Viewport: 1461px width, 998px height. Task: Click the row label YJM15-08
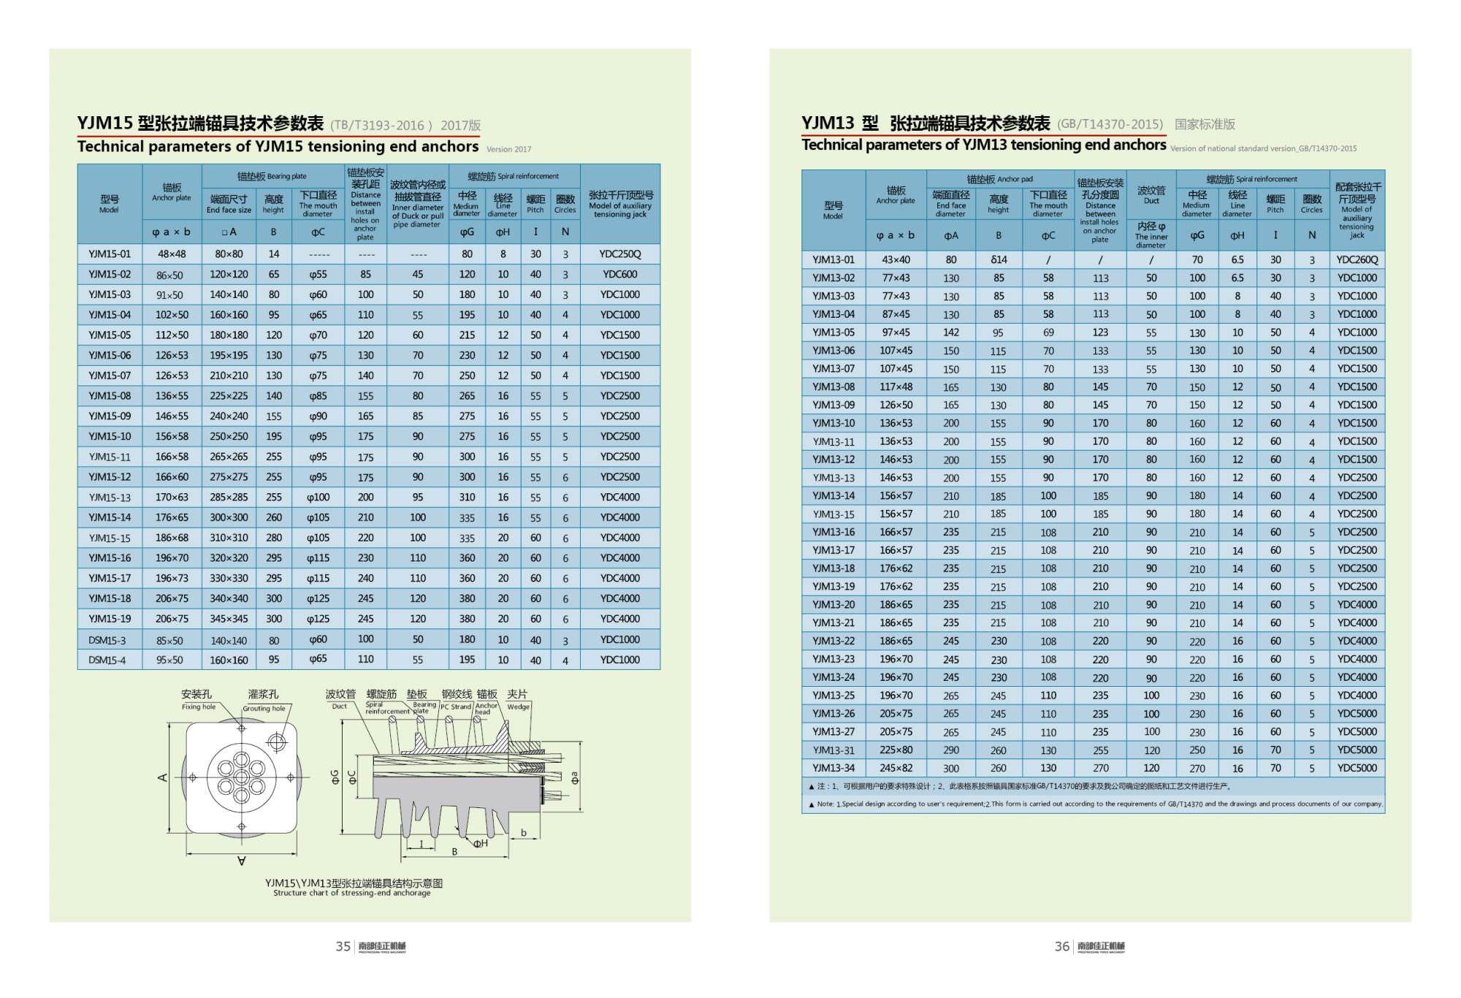tap(110, 396)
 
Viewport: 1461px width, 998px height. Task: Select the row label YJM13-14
tap(833, 496)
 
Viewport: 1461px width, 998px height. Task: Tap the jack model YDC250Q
tap(619, 254)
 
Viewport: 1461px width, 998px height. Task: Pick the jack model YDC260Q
tap(1357, 260)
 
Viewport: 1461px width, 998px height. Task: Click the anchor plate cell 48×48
tap(172, 254)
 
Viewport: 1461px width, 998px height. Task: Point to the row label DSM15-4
tap(107, 660)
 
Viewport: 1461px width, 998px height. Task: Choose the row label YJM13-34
tap(833, 768)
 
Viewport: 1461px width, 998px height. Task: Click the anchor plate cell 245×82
tap(896, 768)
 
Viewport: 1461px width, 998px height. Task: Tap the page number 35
tap(343, 947)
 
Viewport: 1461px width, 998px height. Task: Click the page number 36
tap(1061, 947)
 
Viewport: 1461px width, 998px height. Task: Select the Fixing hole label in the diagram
tap(199, 707)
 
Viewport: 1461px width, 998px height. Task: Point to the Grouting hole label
tap(264, 709)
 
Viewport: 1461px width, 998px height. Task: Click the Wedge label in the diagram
tap(518, 707)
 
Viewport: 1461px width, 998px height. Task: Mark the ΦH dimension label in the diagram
tap(480, 844)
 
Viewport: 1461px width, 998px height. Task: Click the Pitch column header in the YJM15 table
tap(535, 204)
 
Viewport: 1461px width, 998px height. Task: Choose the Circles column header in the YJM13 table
tap(1311, 204)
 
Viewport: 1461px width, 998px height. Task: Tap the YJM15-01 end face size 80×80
tap(229, 254)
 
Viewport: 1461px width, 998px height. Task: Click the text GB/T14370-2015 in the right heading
tap(1110, 124)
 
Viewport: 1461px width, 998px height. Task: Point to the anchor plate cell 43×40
tap(896, 260)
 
